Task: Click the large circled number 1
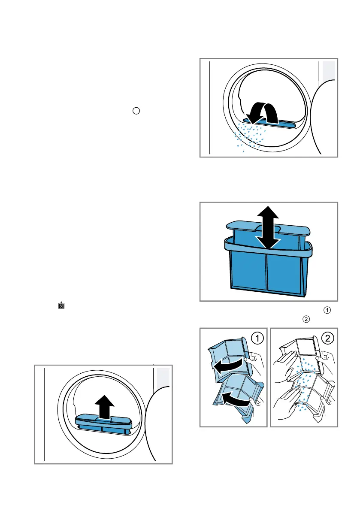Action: (x=257, y=339)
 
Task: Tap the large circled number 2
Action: (x=327, y=339)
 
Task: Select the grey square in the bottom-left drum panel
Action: (x=163, y=377)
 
